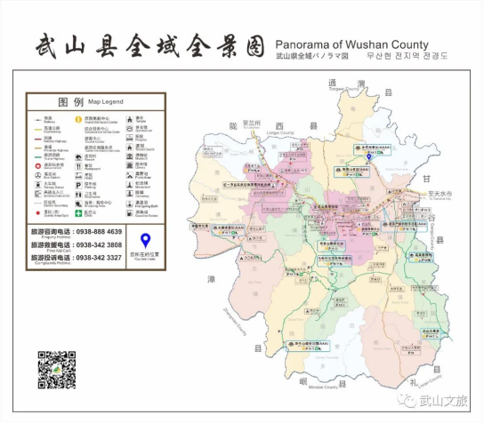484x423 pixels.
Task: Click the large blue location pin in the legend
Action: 145,239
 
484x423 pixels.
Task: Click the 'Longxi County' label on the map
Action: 280,134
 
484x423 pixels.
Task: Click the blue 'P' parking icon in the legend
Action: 78,187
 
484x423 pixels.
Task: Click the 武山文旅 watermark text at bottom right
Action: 442,401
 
